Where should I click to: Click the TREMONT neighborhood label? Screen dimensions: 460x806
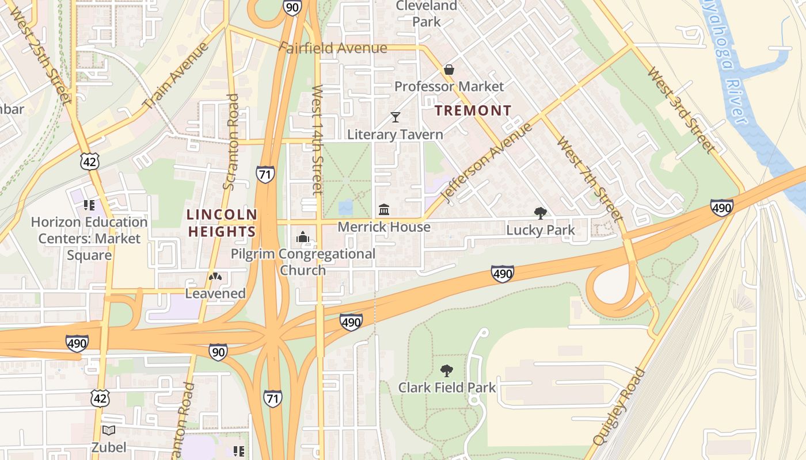click(473, 110)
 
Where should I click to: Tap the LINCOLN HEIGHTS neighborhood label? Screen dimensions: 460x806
click(222, 223)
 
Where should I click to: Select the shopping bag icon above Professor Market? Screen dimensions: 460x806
click(449, 70)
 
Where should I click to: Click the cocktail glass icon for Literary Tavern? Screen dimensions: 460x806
click(395, 117)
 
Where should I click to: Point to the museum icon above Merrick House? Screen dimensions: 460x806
click(384, 209)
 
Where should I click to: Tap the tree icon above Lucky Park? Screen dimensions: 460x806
click(540, 213)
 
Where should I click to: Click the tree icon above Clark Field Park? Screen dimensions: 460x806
click(446, 370)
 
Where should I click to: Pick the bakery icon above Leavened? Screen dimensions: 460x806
click(215, 277)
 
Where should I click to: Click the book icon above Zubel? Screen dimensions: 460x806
click(108, 430)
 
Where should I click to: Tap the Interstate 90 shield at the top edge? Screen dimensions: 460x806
click(292, 7)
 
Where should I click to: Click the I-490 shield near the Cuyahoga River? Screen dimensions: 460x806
click(721, 207)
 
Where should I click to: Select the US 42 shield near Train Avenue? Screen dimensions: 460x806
click(90, 162)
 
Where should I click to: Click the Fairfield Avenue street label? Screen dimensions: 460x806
click(333, 48)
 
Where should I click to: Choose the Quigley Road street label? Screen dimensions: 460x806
click(618, 407)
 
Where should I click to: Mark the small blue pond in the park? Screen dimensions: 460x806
click(346, 207)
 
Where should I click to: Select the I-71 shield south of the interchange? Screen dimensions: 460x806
click(273, 397)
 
